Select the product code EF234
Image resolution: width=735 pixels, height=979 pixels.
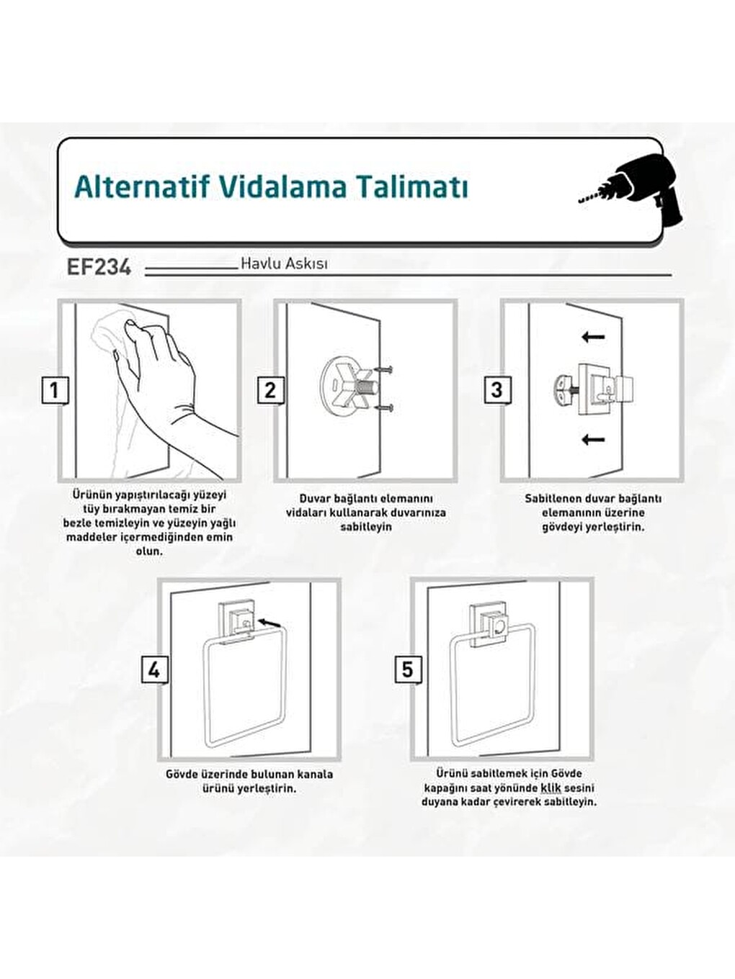(99, 267)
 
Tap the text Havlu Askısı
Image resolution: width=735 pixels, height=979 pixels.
(284, 263)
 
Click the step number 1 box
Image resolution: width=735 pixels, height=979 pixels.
(55, 391)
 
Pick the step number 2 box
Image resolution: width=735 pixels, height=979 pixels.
(271, 391)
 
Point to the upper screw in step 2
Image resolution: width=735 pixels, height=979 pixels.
(383, 369)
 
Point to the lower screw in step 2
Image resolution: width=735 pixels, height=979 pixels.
(384, 407)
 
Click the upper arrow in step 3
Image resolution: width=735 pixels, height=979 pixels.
(594, 337)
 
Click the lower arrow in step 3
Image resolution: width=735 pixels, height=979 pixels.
(594, 440)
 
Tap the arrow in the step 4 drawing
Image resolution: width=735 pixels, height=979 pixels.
(271, 622)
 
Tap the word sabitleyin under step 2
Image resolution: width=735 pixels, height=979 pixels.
(366, 527)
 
